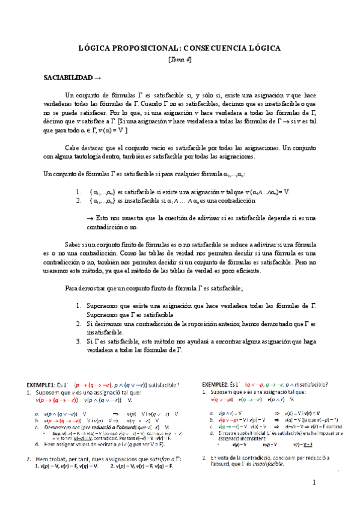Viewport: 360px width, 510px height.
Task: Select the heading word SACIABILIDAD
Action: click(69, 78)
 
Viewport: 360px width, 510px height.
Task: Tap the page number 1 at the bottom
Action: click(314, 484)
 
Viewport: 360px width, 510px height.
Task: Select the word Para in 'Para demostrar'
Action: click(72, 289)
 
